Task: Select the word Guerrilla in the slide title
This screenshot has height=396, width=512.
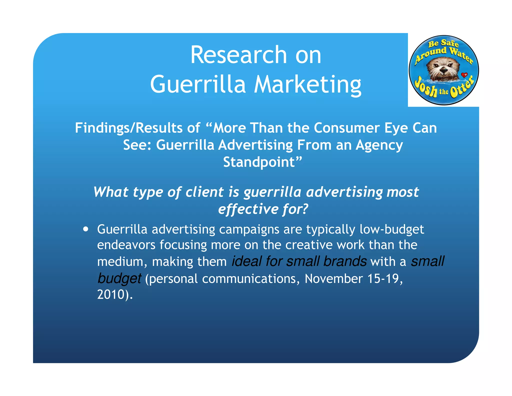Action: tap(198, 84)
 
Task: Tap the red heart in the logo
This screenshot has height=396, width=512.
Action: tap(464, 75)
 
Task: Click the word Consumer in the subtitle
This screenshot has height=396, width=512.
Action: tap(347, 128)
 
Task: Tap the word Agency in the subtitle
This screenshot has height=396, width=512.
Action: tap(379, 145)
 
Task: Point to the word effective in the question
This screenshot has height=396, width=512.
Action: tap(248, 209)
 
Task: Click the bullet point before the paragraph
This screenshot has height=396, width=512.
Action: tap(86, 229)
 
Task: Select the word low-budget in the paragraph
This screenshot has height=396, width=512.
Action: tap(392, 229)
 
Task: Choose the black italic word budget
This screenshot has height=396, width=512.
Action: tap(119, 278)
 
